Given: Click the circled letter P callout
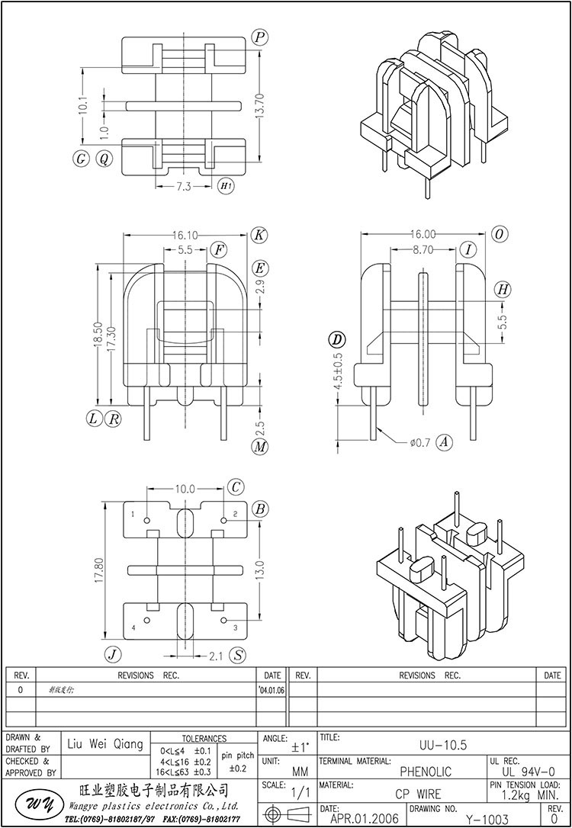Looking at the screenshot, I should click(x=260, y=37).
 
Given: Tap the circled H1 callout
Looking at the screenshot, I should click(x=226, y=186).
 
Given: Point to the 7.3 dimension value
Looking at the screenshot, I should click(x=184, y=186).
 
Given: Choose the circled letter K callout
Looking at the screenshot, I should click(x=259, y=235).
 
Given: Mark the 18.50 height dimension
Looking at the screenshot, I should click(x=97, y=336).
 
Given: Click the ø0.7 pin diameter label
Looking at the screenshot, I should click(x=420, y=441).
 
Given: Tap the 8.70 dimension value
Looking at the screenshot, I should click(x=424, y=249).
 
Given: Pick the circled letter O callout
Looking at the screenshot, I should click(x=499, y=235).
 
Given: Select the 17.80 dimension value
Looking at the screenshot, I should click(x=97, y=570).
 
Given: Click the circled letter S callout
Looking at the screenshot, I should click(x=239, y=655).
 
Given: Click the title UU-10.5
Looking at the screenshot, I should click(x=443, y=745).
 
